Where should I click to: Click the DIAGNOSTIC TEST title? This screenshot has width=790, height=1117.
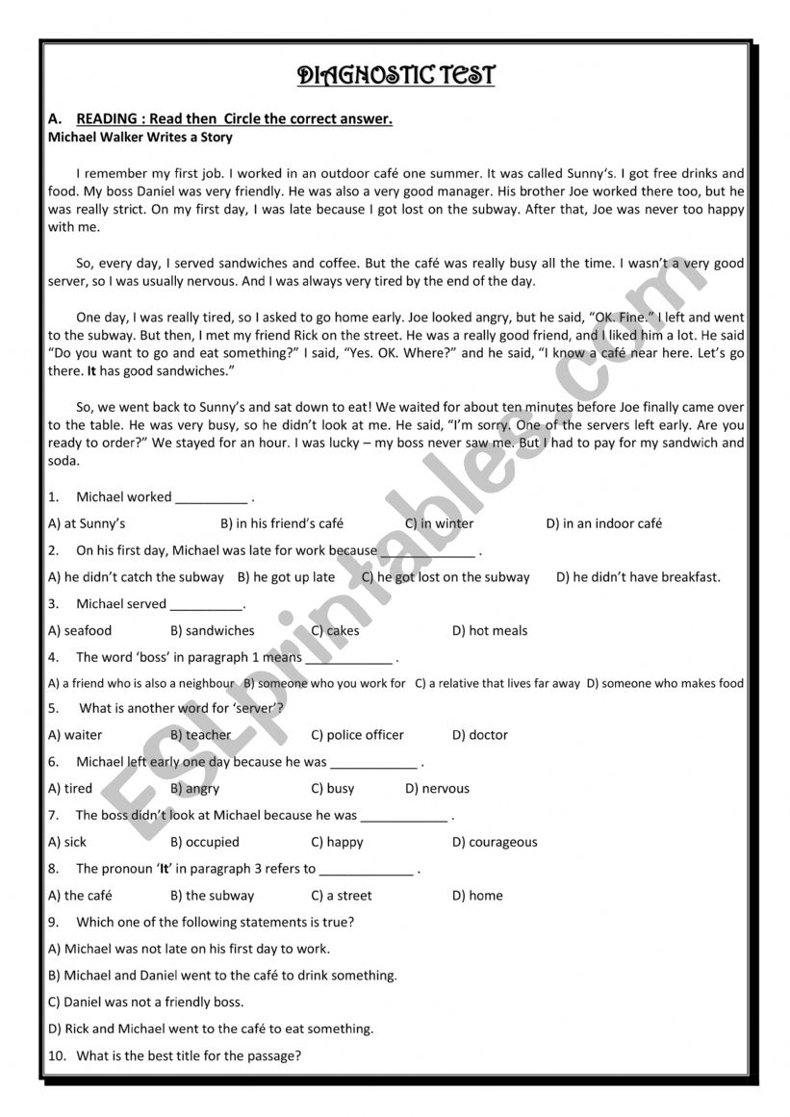point(395,75)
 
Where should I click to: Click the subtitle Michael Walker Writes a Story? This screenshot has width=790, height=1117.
point(140,138)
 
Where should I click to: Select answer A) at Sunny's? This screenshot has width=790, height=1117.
point(87,523)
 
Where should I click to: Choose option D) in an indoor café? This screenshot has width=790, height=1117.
point(603,523)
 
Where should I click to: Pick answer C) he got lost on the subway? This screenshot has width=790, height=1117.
point(446,577)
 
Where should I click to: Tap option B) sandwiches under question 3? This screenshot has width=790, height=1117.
point(212,631)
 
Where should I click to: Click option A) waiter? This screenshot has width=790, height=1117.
point(75,735)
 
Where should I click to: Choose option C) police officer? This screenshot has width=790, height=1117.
point(357,735)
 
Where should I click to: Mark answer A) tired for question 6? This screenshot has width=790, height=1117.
point(70,788)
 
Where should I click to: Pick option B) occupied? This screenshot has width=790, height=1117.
point(205,842)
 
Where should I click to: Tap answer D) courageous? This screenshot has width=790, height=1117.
point(495,842)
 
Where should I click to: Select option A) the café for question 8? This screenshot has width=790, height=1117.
point(80,895)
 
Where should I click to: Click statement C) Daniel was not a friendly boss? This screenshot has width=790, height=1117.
point(145,1002)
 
